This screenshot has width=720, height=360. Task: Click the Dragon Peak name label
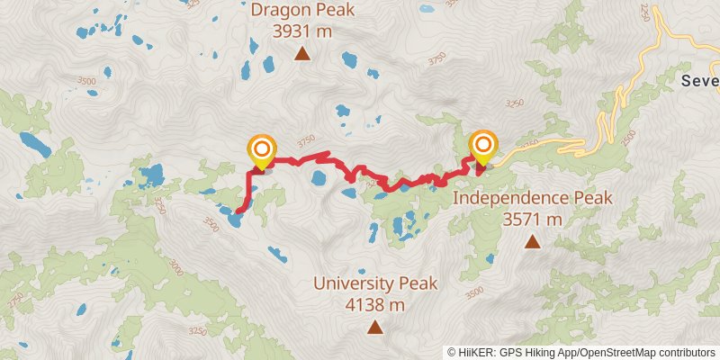(x=302, y=11)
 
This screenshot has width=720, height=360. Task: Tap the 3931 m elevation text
(x=302, y=31)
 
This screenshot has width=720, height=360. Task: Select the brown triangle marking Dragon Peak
(x=302, y=54)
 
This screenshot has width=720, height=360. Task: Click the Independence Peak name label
(x=533, y=198)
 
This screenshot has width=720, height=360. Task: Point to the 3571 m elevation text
(x=533, y=219)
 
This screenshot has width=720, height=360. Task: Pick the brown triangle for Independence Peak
(x=533, y=241)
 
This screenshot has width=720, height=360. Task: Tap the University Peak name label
(x=375, y=283)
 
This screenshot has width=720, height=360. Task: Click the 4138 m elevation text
(x=375, y=304)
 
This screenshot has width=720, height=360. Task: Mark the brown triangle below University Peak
(x=375, y=328)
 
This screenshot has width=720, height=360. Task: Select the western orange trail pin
(x=262, y=150)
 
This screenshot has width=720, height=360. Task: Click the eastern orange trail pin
(x=484, y=146)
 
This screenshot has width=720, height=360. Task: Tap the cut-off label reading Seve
(x=700, y=81)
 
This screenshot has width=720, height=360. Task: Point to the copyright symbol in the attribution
(x=453, y=352)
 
